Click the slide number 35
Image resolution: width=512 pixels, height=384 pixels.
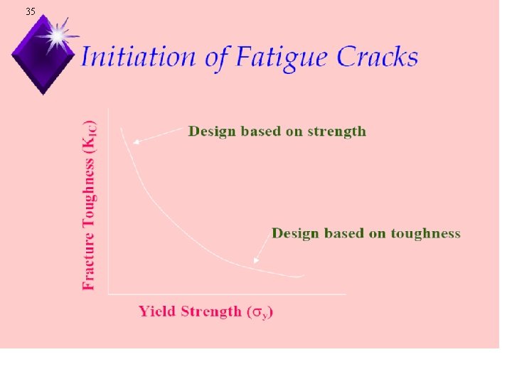click(x=30, y=12)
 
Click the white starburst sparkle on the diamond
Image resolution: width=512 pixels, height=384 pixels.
click(x=55, y=36)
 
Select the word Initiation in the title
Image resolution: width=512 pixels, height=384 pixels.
click(x=139, y=57)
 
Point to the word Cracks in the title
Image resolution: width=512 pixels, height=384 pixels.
click(x=378, y=57)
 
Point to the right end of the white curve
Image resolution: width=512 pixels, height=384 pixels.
click(x=303, y=275)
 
